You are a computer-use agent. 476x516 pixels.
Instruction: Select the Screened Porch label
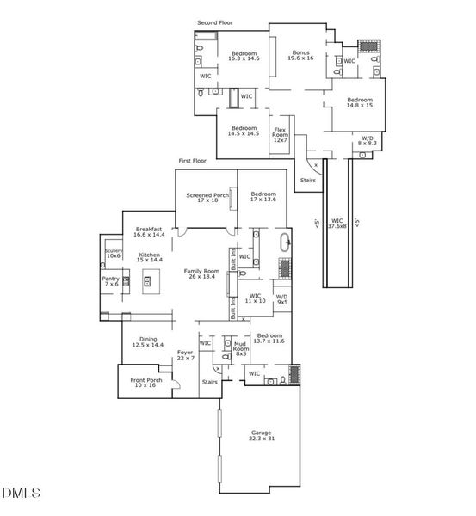click(207, 197)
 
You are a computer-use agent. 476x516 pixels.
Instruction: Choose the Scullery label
click(114, 253)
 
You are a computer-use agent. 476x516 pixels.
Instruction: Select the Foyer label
click(185, 355)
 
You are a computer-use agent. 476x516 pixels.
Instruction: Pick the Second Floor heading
click(214, 22)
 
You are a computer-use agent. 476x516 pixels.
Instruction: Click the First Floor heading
click(193, 161)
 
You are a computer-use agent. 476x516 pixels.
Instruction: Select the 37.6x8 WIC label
click(337, 223)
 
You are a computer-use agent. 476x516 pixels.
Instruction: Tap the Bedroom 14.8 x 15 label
click(360, 103)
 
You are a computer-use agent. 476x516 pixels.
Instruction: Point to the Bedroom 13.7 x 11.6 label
click(269, 339)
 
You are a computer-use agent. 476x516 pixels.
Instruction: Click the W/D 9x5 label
click(281, 300)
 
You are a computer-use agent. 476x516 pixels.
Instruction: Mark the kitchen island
click(148, 280)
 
